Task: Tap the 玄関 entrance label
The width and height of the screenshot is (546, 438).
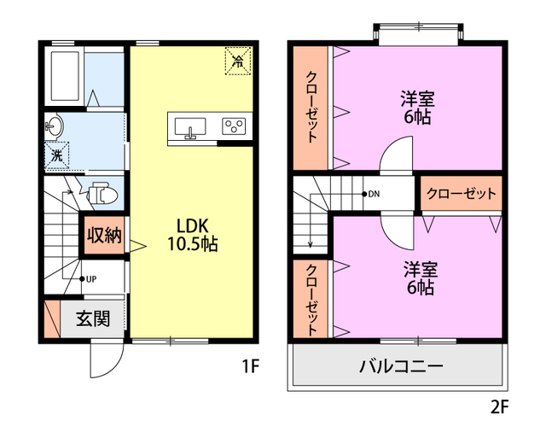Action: click(92, 319)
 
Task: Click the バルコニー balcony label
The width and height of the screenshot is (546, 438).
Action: click(400, 367)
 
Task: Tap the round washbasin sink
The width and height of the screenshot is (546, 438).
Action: click(55, 127)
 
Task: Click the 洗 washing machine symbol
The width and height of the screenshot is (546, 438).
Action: click(56, 155)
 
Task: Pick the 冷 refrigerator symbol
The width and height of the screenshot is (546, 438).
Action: click(237, 60)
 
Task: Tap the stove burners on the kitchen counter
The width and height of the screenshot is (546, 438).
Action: click(233, 126)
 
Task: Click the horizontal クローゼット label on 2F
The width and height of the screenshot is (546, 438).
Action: click(461, 194)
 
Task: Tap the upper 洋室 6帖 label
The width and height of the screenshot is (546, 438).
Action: click(417, 108)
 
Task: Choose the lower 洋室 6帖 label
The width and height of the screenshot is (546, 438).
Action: click(419, 277)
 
